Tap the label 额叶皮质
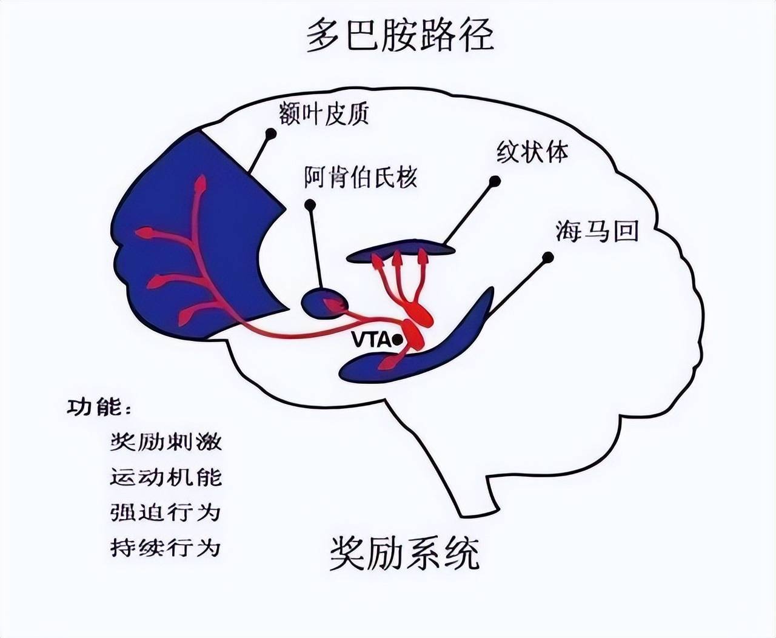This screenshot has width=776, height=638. coord(324,113)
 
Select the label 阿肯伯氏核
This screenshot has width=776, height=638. coord(361,178)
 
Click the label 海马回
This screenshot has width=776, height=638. coord(597,231)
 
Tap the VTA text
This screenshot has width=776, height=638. coord(371,340)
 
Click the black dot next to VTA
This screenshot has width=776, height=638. coord(397,340)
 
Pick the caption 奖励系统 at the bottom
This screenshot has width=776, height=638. coord(404,553)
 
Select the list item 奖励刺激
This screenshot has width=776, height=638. coord(166,441)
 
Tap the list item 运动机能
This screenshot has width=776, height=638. coord(166,477)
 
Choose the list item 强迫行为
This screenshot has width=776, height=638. coord(166,512)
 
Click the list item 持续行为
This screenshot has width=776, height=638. coord(166,548)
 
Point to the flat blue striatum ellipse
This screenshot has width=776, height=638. coord(400,253)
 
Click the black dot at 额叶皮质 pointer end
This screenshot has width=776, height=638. coord(270,133)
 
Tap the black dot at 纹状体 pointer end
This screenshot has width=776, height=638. coord(495,181)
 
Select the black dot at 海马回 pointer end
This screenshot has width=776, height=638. coord(547,258)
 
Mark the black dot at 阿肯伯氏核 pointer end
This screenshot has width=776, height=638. coord(310,205)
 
